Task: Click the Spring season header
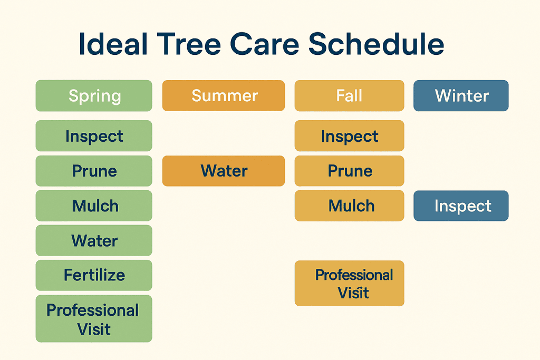click(x=94, y=96)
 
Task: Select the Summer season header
click(x=224, y=96)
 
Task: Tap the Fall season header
click(x=349, y=96)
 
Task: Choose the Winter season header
click(x=461, y=96)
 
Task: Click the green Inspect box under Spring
click(x=94, y=136)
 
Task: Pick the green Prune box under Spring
click(x=94, y=171)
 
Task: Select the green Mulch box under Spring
click(x=94, y=206)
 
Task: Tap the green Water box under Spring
click(x=94, y=240)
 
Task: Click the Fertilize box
click(x=94, y=275)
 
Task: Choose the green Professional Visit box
click(x=94, y=319)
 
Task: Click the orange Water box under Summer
click(x=224, y=171)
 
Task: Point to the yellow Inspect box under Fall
click(x=349, y=136)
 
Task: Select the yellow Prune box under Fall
click(x=349, y=171)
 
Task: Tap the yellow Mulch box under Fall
click(x=349, y=206)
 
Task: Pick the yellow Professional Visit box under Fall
click(x=349, y=284)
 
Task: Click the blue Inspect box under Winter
click(x=461, y=206)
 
